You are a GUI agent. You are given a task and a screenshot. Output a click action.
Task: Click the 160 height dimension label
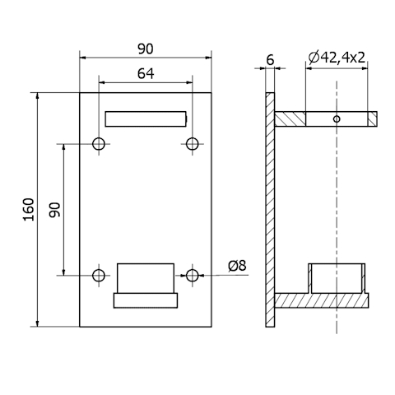[x=29, y=209]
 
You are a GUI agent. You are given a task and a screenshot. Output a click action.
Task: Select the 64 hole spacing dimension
[x=146, y=73]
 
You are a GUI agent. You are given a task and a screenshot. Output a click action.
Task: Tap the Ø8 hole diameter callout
[x=237, y=266]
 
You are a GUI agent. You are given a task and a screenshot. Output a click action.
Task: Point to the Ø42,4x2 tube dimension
[x=337, y=58]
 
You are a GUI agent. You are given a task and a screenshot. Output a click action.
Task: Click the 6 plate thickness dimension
[x=270, y=60]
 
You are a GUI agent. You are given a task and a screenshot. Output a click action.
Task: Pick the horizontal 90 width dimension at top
[x=146, y=49]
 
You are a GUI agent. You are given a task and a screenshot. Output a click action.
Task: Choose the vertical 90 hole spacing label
[x=54, y=210]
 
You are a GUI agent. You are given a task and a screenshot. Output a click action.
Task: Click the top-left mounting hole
[x=99, y=144]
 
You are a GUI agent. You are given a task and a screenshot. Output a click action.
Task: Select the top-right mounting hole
[x=193, y=144]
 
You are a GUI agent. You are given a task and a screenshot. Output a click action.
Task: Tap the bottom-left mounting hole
[x=99, y=275]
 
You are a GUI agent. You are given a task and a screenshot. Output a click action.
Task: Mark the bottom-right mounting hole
[x=193, y=275]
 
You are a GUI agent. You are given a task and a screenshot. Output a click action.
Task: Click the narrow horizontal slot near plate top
[x=146, y=119]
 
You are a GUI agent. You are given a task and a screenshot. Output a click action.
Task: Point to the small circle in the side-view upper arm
[x=337, y=119]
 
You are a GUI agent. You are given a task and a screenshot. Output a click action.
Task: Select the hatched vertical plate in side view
[x=270, y=210]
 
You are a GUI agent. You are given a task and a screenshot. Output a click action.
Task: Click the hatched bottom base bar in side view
[x=322, y=300]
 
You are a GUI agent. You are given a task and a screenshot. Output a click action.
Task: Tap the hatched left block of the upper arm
[x=290, y=119]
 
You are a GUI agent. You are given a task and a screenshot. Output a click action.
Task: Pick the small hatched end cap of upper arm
[x=372, y=119]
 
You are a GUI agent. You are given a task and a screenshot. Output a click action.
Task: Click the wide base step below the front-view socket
[x=146, y=300]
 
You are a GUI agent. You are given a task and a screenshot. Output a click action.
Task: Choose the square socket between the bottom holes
[x=146, y=278]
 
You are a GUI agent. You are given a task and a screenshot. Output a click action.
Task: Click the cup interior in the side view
[x=337, y=278]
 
